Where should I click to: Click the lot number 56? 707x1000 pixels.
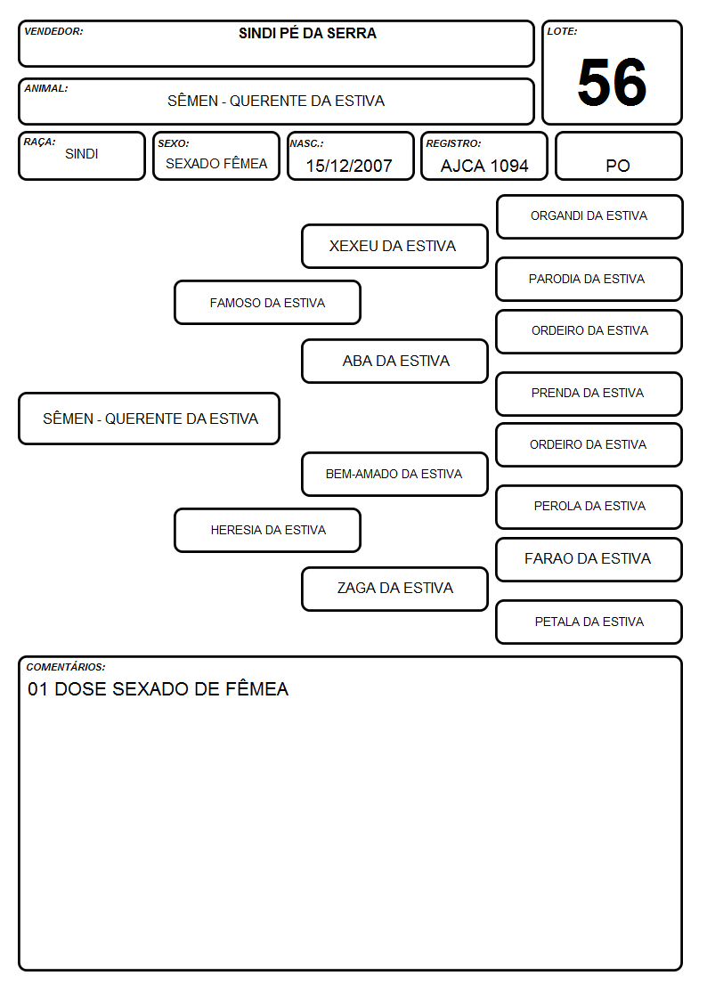pyautogui.click(x=612, y=82)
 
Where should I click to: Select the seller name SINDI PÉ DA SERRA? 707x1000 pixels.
pyautogui.click(x=307, y=33)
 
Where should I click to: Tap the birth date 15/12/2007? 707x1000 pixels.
pyautogui.click(x=349, y=166)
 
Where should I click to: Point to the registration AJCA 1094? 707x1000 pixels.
pyautogui.click(x=484, y=166)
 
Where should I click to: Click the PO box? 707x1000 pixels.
pyautogui.click(x=618, y=156)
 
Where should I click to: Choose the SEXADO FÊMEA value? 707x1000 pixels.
pyautogui.click(x=216, y=163)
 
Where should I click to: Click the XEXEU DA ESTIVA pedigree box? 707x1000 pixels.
pyautogui.click(x=394, y=246)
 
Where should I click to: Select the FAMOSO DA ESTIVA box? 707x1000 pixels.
pyautogui.click(x=267, y=302)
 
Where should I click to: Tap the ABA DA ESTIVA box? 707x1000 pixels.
pyautogui.click(x=394, y=361)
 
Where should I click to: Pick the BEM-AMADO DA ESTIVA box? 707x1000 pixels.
pyautogui.click(x=394, y=474)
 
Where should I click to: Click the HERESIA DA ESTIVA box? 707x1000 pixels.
pyautogui.click(x=267, y=530)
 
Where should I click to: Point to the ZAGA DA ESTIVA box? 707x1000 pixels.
pyautogui.click(x=394, y=589)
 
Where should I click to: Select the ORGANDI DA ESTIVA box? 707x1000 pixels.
pyautogui.click(x=589, y=217)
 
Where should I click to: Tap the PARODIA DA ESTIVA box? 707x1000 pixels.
pyautogui.click(x=589, y=279)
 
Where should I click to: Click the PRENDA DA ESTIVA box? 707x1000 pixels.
pyautogui.click(x=589, y=394)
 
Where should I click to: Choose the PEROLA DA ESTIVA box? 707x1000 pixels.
pyautogui.click(x=589, y=507)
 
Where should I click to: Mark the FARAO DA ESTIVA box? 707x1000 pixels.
pyautogui.click(x=589, y=559)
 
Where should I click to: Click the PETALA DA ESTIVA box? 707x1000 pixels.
pyautogui.click(x=589, y=622)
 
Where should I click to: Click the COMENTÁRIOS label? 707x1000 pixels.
pyautogui.click(x=66, y=667)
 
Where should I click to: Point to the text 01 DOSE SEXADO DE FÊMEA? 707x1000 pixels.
pyautogui.click(x=158, y=688)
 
